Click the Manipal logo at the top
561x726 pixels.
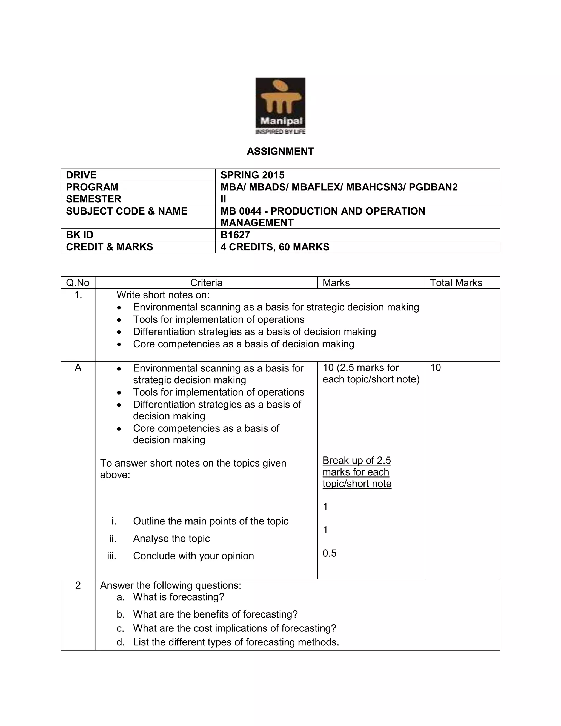(x=280, y=106)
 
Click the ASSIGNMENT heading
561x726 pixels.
(x=280, y=152)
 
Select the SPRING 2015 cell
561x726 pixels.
(x=252, y=175)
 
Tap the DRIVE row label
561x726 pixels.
(x=81, y=175)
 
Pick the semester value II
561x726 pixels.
(x=223, y=199)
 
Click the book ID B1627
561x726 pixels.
(x=235, y=235)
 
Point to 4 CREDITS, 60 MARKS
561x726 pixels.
(x=274, y=247)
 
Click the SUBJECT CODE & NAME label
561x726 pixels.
(x=127, y=211)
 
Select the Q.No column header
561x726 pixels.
(x=78, y=283)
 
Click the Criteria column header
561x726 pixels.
(x=206, y=283)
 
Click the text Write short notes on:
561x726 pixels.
(x=163, y=295)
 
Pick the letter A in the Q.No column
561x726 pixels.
(x=78, y=368)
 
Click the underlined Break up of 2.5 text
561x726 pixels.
(x=357, y=461)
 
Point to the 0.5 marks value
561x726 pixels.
(x=329, y=553)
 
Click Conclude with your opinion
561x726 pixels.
(x=193, y=556)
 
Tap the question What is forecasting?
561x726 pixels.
(x=179, y=597)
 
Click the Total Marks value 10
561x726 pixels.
(x=435, y=368)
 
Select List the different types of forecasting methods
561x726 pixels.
(x=236, y=642)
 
